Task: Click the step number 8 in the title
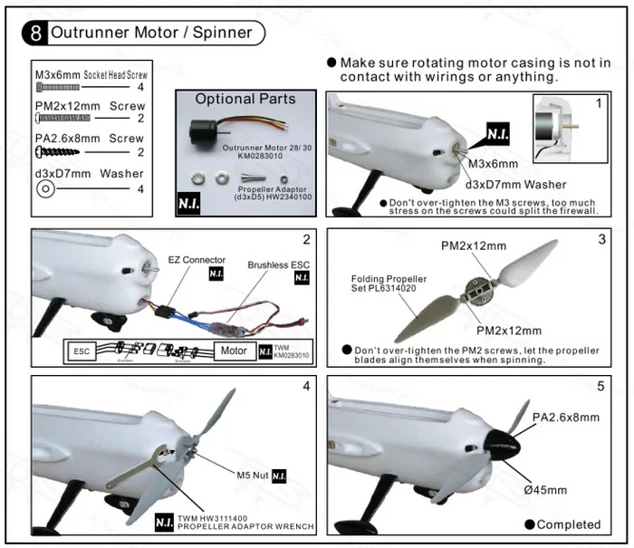pos(34,34)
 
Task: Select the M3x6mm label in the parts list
pos(56,74)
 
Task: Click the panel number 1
pos(598,103)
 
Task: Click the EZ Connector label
pos(197,260)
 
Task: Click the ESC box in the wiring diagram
pos(82,351)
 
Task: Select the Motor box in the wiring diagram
pos(234,351)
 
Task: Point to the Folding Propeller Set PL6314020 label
pos(389,284)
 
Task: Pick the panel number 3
pos(601,240)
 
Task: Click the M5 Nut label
pos(251,475)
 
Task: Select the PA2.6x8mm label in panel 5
pos(566,418)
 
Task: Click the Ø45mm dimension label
pos(545,490)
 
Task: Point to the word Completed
pos(568,524)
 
